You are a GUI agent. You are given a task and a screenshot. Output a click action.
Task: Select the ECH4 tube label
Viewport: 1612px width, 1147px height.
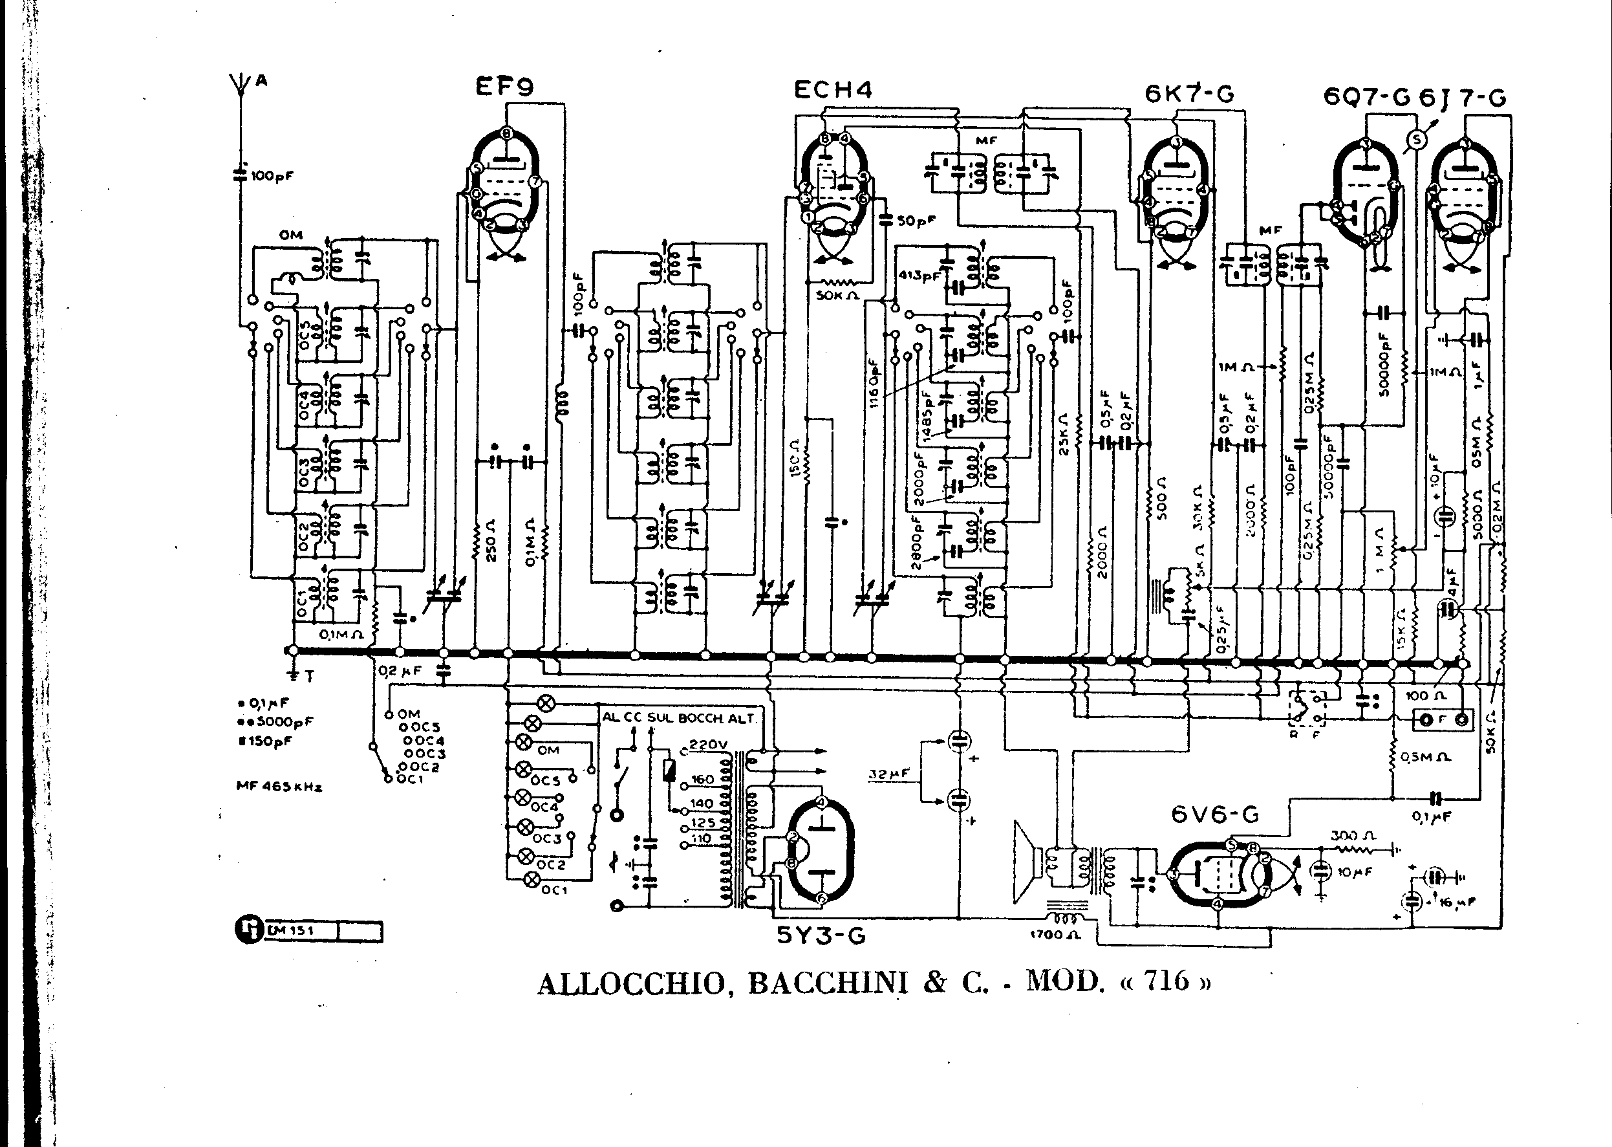coord(833,90)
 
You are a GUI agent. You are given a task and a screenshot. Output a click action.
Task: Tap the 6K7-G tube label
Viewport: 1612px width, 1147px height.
coord(1189,94)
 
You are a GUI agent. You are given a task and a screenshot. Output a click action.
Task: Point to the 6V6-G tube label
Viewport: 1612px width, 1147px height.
coord(1214,814)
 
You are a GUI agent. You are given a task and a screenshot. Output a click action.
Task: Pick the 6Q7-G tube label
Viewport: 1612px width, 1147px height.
coord(1366,97)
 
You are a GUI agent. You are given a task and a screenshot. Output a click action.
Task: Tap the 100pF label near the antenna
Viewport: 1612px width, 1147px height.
coord(272,176)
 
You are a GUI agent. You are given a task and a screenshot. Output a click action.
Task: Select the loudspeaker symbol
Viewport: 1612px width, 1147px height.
coord(1027,862)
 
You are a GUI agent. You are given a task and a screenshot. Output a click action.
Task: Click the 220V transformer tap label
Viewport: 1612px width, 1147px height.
coord(707,744)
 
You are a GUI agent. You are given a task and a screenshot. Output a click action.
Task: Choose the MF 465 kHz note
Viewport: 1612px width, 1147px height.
coord(279,787)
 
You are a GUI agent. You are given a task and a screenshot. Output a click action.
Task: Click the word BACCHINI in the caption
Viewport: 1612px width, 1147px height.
coord(828,983)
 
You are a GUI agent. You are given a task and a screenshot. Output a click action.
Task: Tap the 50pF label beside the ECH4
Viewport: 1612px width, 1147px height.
coord(916,221)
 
